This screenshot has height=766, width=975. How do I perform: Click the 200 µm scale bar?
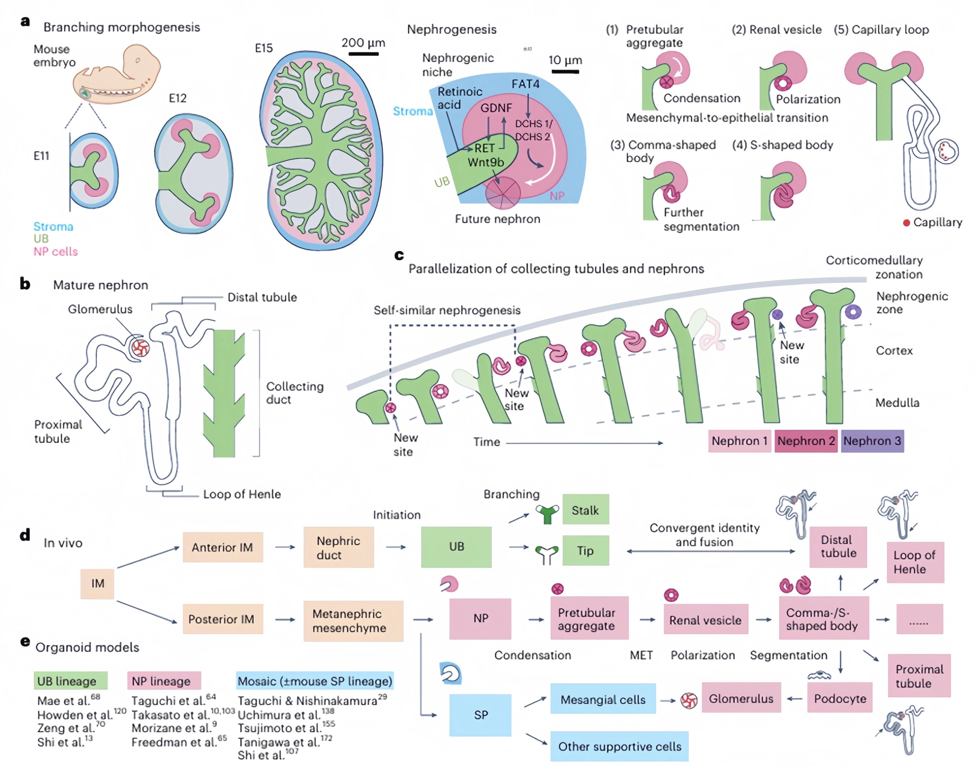tap(364, 54)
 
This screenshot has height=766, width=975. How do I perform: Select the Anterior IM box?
tap(223, 547)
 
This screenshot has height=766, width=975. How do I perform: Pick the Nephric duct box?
tap(338, 547)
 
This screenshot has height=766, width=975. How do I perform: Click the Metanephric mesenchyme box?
tap(353, 621)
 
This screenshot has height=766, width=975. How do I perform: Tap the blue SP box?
tap(480, 714)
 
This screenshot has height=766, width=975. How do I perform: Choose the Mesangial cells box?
tap(602, 699)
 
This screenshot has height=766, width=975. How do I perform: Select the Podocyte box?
tap(839, 698)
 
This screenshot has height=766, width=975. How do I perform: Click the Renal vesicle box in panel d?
tap(705, 620)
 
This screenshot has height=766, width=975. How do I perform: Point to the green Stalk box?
tap(586, 510)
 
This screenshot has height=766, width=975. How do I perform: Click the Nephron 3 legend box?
tap(872, 441)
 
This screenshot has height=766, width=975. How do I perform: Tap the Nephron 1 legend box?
tap(739, 441)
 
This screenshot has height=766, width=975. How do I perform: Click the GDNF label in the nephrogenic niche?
tap(496, 108)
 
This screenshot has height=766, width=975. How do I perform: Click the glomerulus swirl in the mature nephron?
tap(139, 348)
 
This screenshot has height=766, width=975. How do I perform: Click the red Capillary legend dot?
tap(906, 223)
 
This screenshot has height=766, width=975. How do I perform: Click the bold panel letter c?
tap(399, 255)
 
